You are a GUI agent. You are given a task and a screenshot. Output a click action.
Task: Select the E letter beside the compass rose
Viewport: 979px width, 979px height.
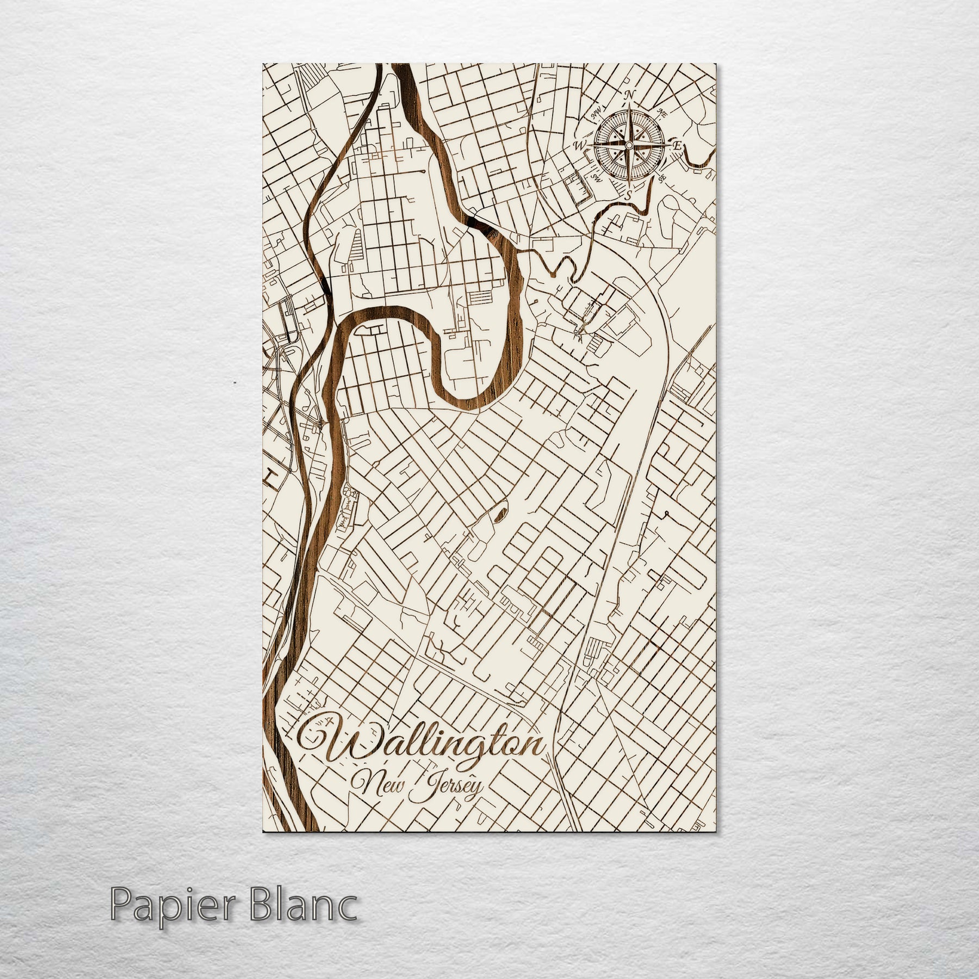click(678, 146)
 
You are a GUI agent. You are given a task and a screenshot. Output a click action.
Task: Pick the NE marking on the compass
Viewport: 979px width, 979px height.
click(662, 113)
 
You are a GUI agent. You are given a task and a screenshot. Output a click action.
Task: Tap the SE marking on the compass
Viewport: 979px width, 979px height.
click(661, 177)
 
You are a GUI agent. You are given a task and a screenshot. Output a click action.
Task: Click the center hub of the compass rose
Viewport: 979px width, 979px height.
click(629, 145)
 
